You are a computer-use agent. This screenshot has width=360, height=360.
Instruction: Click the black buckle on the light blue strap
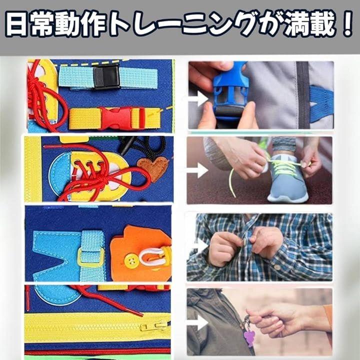point(107,77)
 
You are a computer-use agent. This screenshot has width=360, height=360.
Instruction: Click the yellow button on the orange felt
point(131,261)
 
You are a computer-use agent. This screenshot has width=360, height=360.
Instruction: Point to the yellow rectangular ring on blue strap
point(91,257)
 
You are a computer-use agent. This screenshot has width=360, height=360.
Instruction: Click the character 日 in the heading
point(16,24)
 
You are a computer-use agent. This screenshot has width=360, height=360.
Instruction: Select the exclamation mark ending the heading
point(346,23)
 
